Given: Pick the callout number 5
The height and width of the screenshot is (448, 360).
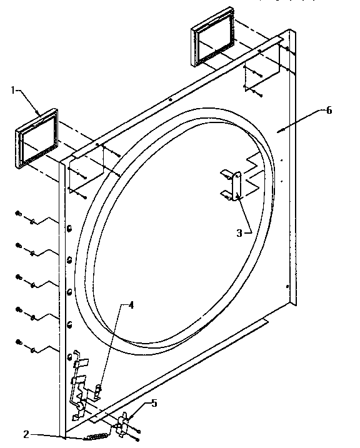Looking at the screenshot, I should [x=154, y=403].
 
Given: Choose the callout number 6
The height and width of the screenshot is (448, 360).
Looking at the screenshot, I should [x=329, y=111].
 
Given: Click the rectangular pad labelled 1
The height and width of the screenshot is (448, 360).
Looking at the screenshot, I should [x=37, y=139].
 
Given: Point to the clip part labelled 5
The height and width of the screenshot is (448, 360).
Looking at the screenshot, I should [x=123, y=424].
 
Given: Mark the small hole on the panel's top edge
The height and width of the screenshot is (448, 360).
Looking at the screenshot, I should [x=170, y=99].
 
